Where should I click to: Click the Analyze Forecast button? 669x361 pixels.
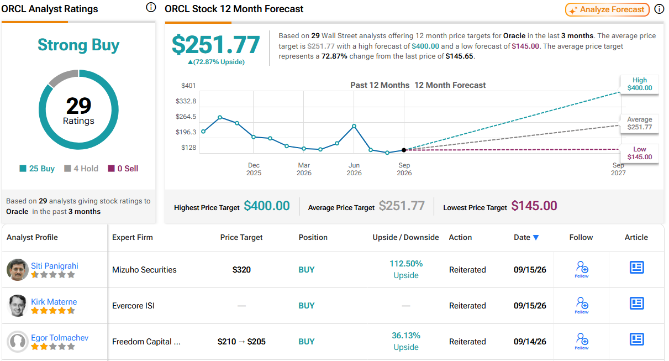607,9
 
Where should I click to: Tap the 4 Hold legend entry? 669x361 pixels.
81,169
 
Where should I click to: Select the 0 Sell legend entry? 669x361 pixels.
123,169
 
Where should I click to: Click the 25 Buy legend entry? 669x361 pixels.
37,169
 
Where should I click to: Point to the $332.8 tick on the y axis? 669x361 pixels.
186,101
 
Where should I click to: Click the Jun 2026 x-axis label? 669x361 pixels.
354,169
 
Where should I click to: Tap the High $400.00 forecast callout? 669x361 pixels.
639,84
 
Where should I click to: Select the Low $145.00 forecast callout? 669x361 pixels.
639,153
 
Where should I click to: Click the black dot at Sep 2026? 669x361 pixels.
404,150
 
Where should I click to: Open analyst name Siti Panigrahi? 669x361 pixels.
55,266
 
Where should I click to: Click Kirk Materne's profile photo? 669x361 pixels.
17,305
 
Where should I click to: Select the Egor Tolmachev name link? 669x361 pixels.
60,338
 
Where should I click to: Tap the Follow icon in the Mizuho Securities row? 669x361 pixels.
582,270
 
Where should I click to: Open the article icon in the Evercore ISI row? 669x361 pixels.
637,304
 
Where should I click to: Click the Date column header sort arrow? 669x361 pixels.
536,237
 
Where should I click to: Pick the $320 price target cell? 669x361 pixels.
241,270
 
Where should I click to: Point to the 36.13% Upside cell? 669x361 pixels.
406,341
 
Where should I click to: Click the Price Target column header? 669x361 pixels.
241,237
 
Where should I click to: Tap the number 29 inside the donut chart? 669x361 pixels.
78,106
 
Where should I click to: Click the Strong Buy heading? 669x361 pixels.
78,45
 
